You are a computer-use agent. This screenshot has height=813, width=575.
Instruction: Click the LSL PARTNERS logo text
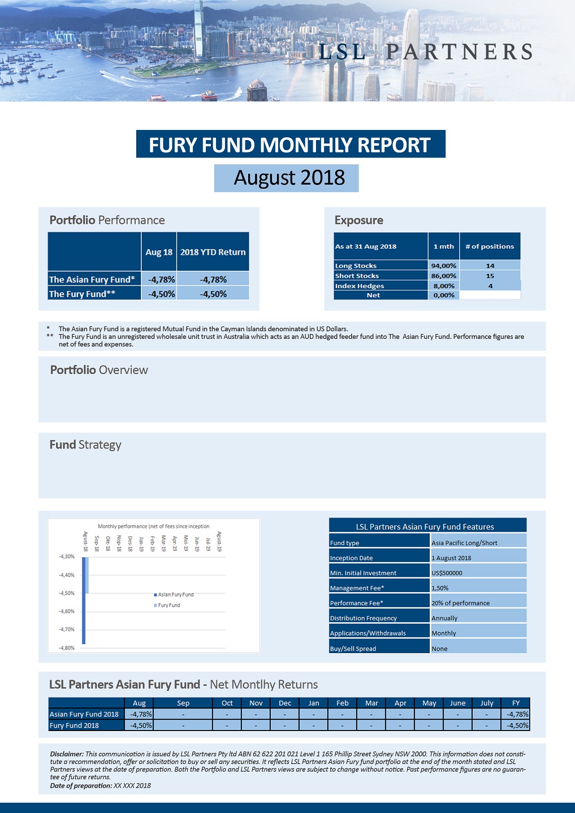click(x=425, y=52)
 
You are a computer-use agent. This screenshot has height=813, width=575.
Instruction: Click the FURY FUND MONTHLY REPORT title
click(x=290, y=145)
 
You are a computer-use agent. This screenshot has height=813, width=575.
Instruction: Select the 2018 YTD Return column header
click(x=213, y=252)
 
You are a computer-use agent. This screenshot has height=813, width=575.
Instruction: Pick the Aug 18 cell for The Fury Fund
click(x=161, y=294)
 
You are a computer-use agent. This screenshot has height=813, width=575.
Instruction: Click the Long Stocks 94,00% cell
click(x=443, y=266)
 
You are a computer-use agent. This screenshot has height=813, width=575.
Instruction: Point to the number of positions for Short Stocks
click(x=490, y=276)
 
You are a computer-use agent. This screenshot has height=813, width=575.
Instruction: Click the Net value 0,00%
click(x=444, y=295)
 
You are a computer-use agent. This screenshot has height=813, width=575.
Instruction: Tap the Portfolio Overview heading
click(x=99, y=370)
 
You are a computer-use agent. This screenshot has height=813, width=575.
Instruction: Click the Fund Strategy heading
click(x=85, y=445)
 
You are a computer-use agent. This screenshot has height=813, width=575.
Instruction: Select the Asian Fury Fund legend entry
click(x=175, y=594)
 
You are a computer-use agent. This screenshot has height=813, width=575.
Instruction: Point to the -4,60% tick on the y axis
click(x=67, y=611)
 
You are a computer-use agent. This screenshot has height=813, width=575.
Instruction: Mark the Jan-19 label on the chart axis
click(x=141, y=544)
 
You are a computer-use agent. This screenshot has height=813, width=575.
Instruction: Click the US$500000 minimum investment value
click(x=447, y=573)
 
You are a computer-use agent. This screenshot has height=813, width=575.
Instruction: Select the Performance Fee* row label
click(x=357, y=603)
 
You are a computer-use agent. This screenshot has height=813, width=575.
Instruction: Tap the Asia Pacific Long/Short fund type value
click(x=464, y=543)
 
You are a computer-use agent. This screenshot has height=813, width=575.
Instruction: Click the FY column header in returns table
click(x=516, y=703)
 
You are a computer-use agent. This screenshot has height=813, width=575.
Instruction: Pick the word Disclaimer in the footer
click(x=67, y=754)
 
